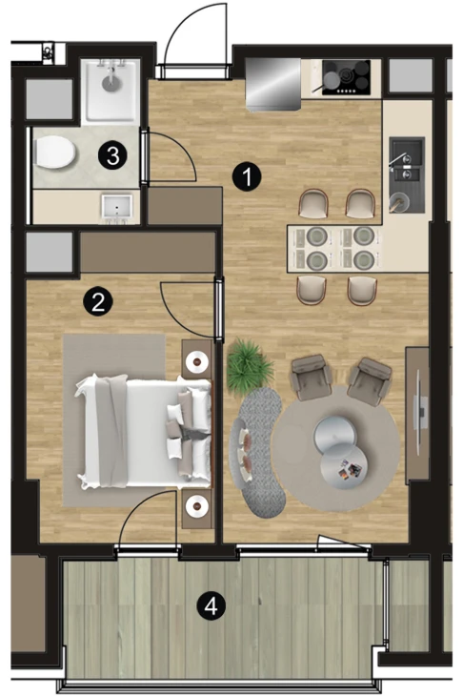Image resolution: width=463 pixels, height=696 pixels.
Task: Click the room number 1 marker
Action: coord(247,176)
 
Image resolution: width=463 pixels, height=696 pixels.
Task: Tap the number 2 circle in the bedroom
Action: coord(98,301)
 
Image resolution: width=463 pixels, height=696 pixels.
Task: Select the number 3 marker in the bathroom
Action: coord(112,155)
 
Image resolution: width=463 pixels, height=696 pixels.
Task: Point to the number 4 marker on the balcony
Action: coord(211,605)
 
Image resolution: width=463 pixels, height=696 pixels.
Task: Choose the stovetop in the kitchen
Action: coord(346,77)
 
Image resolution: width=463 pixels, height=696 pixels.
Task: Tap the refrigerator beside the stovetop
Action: coord(273,84)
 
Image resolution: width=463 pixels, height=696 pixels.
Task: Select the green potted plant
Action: coord(249,364)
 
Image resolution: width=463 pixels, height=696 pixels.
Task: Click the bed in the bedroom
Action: coord(143,432)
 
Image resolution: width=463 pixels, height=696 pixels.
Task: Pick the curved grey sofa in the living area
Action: coord(258,453)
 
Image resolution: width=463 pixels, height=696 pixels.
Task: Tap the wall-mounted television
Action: coord(420,413)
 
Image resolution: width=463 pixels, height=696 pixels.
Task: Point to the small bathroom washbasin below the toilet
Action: coord(116,207)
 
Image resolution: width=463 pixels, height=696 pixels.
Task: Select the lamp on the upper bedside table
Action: coord(197,361)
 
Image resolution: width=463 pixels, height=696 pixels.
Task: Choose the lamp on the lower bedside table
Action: coord(197,505)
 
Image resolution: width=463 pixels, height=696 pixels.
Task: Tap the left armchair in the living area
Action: coord(312,377)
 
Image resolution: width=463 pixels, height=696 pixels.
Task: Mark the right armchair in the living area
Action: coord(369,381)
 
